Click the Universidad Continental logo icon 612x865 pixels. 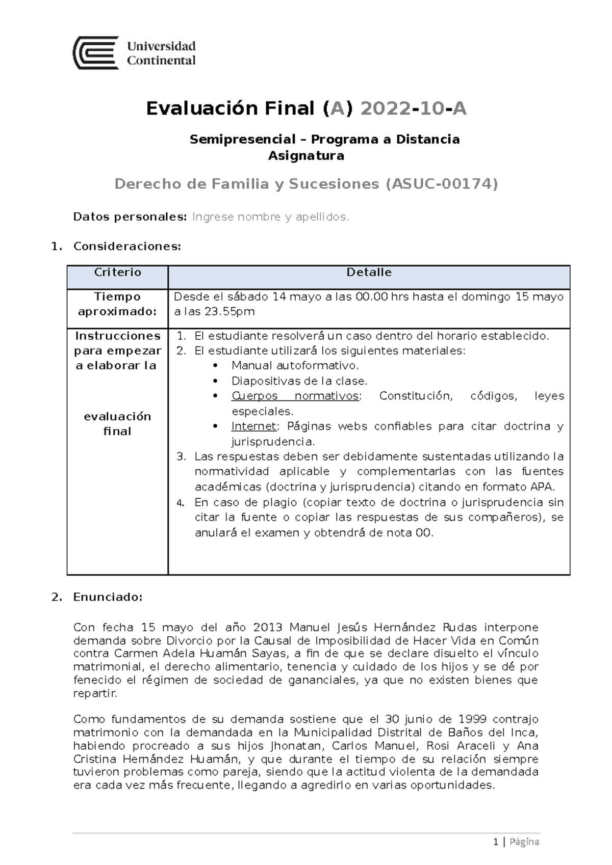(x=96, y=52)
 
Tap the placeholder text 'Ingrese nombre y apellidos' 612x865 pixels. (x=270, y=217)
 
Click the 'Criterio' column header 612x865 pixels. (x=117, y=272)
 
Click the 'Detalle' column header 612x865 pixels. (x=369, y=272)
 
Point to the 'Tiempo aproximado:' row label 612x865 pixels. (x=117, y=304)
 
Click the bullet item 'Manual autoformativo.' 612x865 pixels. (x=295, y=365)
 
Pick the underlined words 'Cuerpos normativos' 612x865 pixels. (x=295, y=396)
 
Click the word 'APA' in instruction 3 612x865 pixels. (x=544, y=486)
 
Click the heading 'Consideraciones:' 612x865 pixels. (x=127, y=247)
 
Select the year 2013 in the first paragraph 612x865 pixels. (x=267, y=627)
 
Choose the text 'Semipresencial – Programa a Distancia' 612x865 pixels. (x=324, y=139)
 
